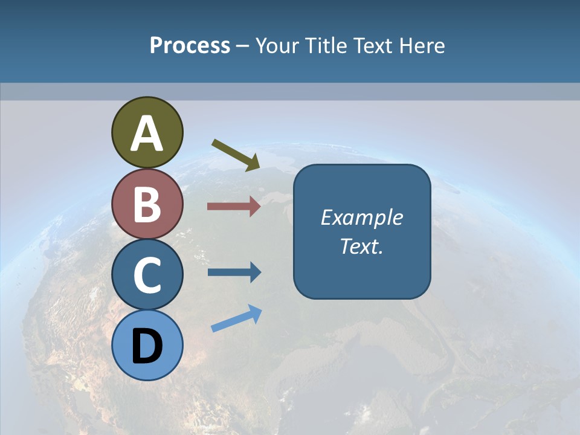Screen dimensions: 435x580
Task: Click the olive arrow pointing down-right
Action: [x=236, y=155]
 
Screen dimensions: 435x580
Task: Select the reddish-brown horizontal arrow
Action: [x=234, y=207]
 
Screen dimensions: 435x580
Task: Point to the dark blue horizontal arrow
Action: [x=234, y=272]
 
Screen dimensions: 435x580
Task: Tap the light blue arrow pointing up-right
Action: [x=236, y=318]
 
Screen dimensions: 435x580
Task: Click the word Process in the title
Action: [x=190, y=45]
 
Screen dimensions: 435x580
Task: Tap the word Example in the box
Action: [x=361, y=217]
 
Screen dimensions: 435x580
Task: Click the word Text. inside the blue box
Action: [x=361, y=246]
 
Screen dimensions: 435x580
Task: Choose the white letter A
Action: [x=147, y=134]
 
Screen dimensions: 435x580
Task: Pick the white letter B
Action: [x=147, y=204]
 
